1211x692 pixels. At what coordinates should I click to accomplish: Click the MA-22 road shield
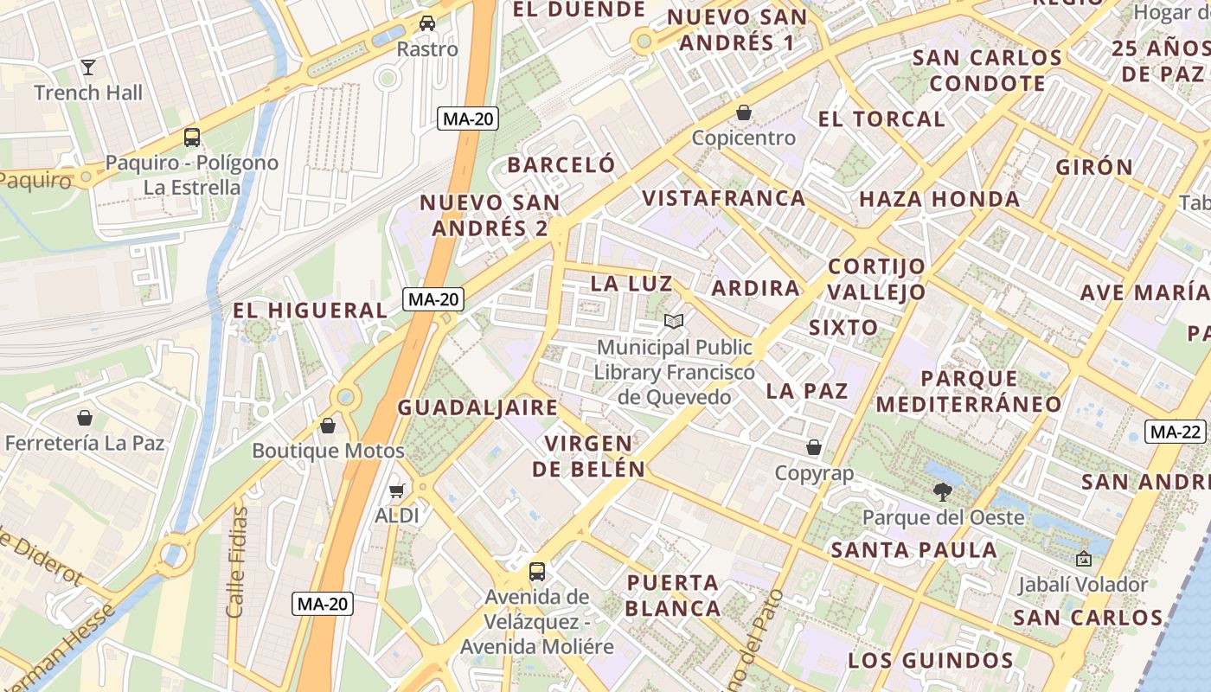pos(1176,432)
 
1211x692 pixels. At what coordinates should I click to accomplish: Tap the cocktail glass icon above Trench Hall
pos(87,67)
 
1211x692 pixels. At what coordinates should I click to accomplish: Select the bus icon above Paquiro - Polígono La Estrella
pos(192,137)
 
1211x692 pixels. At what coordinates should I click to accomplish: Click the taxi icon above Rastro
pos(427,23)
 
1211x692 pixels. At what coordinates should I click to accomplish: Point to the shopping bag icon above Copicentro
pos(744,112)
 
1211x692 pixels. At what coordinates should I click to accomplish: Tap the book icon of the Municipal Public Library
pos(674,322)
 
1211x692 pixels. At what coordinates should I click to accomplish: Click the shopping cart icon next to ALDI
pos(397,490)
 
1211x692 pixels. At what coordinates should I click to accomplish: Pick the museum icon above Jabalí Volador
pos(1083,559)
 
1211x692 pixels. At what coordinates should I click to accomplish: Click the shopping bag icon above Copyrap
pos(814,447)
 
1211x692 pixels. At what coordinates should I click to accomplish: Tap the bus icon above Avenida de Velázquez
pos(537,571)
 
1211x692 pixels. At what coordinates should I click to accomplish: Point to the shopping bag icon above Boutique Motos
pos(328,425)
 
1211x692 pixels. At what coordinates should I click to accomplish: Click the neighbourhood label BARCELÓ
pos(561,165)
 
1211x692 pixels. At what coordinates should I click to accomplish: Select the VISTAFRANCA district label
pos(723,198)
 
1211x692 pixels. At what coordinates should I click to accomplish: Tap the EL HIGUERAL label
pos(310,310)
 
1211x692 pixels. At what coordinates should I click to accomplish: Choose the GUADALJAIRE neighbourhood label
pos(477,407)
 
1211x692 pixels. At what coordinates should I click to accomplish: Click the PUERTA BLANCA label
pos(673,595)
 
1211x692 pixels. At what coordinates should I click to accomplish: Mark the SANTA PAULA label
pos(913,549)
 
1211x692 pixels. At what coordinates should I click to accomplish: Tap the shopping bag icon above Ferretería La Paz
pos(85,418)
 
